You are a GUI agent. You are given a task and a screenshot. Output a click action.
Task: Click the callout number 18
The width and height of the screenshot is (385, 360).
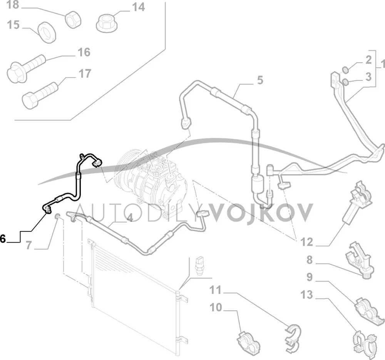pyautogui.click(x=13, y=5)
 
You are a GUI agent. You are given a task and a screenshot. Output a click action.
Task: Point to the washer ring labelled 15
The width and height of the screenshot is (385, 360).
pyautogui.click(x=47, y=32)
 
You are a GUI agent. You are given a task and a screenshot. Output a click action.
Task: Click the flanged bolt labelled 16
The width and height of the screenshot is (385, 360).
pyautogui.click(x=26, y=68)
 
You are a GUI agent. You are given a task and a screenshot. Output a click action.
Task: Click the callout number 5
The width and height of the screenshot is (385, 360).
pyautogui.click(x=260, y=80)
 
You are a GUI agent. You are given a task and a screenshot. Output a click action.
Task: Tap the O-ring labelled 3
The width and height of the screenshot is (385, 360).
pyautogui.click(x=346, y=82)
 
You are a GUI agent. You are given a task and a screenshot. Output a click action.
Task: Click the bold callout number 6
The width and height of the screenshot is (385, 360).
pyautogui.click(x=2, y=238)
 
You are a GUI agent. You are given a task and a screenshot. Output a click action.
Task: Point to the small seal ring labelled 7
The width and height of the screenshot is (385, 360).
pyautogui.click(x=57, y=216)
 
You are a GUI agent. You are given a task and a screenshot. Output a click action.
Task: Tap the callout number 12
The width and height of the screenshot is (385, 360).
pyautogui.click(x=306, y=242)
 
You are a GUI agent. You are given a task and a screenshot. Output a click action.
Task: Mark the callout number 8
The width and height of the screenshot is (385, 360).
pyautogui.click(x=310, y=260)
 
